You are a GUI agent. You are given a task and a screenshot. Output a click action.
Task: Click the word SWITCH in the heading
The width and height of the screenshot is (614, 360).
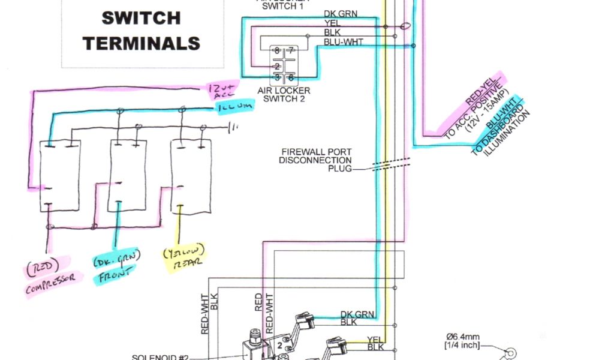click(x=142, y=18)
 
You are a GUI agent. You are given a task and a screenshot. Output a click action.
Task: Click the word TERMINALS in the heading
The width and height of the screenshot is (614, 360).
click(x=142, y=43)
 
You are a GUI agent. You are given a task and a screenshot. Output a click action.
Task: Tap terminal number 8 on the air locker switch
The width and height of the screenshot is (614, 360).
click(x=276, y=51)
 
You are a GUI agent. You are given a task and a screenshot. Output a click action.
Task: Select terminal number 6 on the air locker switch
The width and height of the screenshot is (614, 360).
click(x=290, y=77)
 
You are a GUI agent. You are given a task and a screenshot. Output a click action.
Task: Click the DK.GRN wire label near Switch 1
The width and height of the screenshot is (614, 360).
click(x=339, y=13)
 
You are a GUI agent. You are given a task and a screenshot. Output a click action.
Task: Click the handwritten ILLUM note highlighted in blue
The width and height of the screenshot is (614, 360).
click(x=234, y=107)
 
